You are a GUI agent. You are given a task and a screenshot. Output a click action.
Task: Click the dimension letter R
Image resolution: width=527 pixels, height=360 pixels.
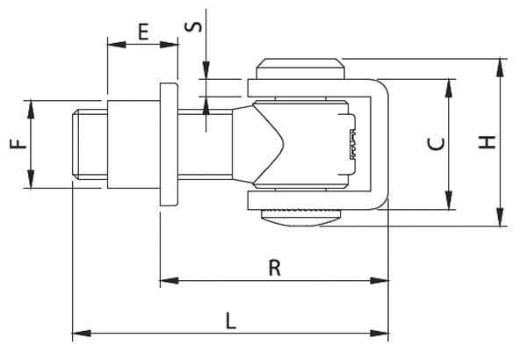click(274, 268)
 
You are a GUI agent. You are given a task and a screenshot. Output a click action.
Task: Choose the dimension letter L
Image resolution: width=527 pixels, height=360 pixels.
click(230, 320)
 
